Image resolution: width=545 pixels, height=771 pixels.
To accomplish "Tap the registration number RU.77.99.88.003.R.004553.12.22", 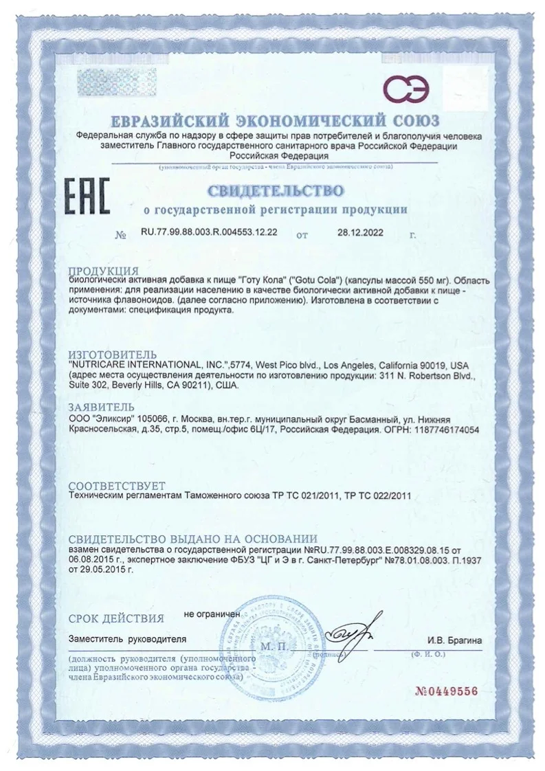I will (x=209, y=233).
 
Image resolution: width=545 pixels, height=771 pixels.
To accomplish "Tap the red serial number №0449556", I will (x=445, y=691).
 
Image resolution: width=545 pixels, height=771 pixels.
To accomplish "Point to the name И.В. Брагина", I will (x=454, y=640).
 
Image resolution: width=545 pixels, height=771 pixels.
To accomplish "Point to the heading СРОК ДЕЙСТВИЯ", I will (x=116, y=618).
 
